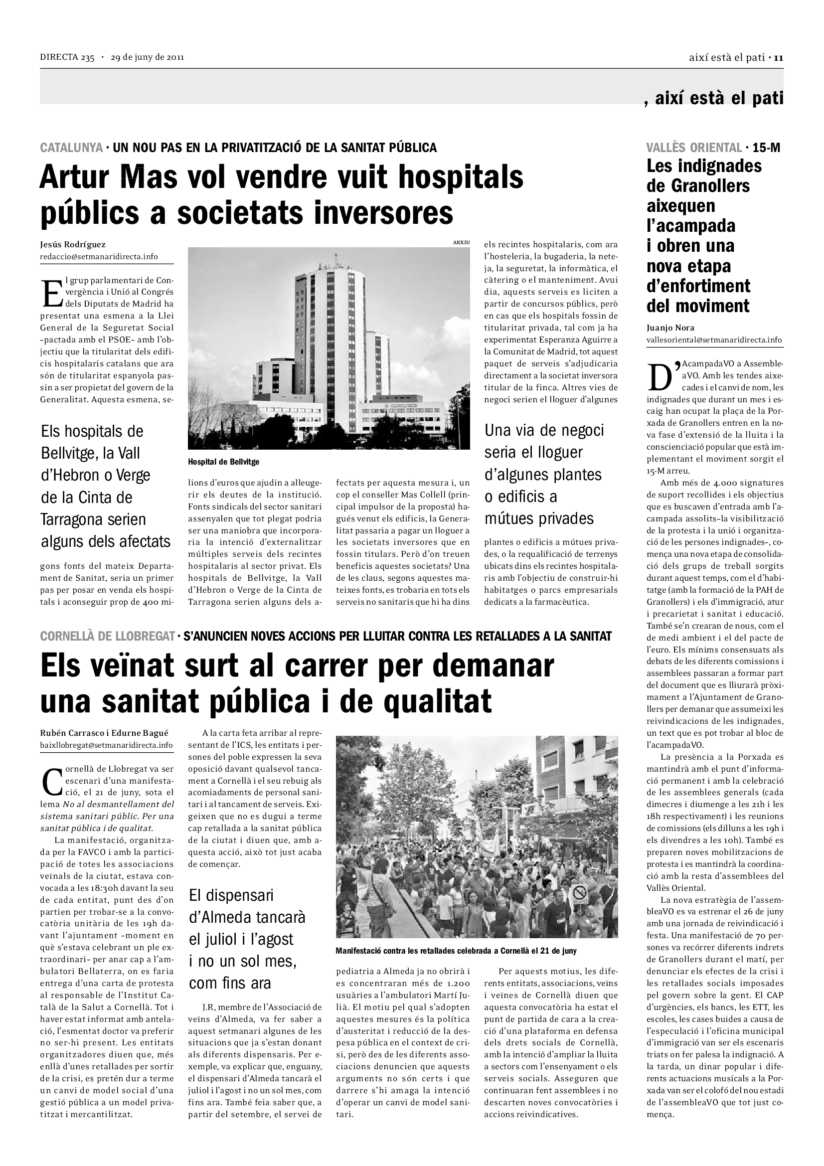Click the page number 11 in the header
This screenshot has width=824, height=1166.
779,58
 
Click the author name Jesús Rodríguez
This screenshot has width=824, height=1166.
73,245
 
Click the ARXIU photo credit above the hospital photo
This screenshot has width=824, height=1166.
461,243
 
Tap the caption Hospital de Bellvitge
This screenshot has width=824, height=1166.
223,462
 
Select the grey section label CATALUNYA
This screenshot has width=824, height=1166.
72,148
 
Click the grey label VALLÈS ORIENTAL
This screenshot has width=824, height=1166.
693,148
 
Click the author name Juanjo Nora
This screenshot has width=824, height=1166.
670,328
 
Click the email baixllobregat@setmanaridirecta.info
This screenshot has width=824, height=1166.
106,745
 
